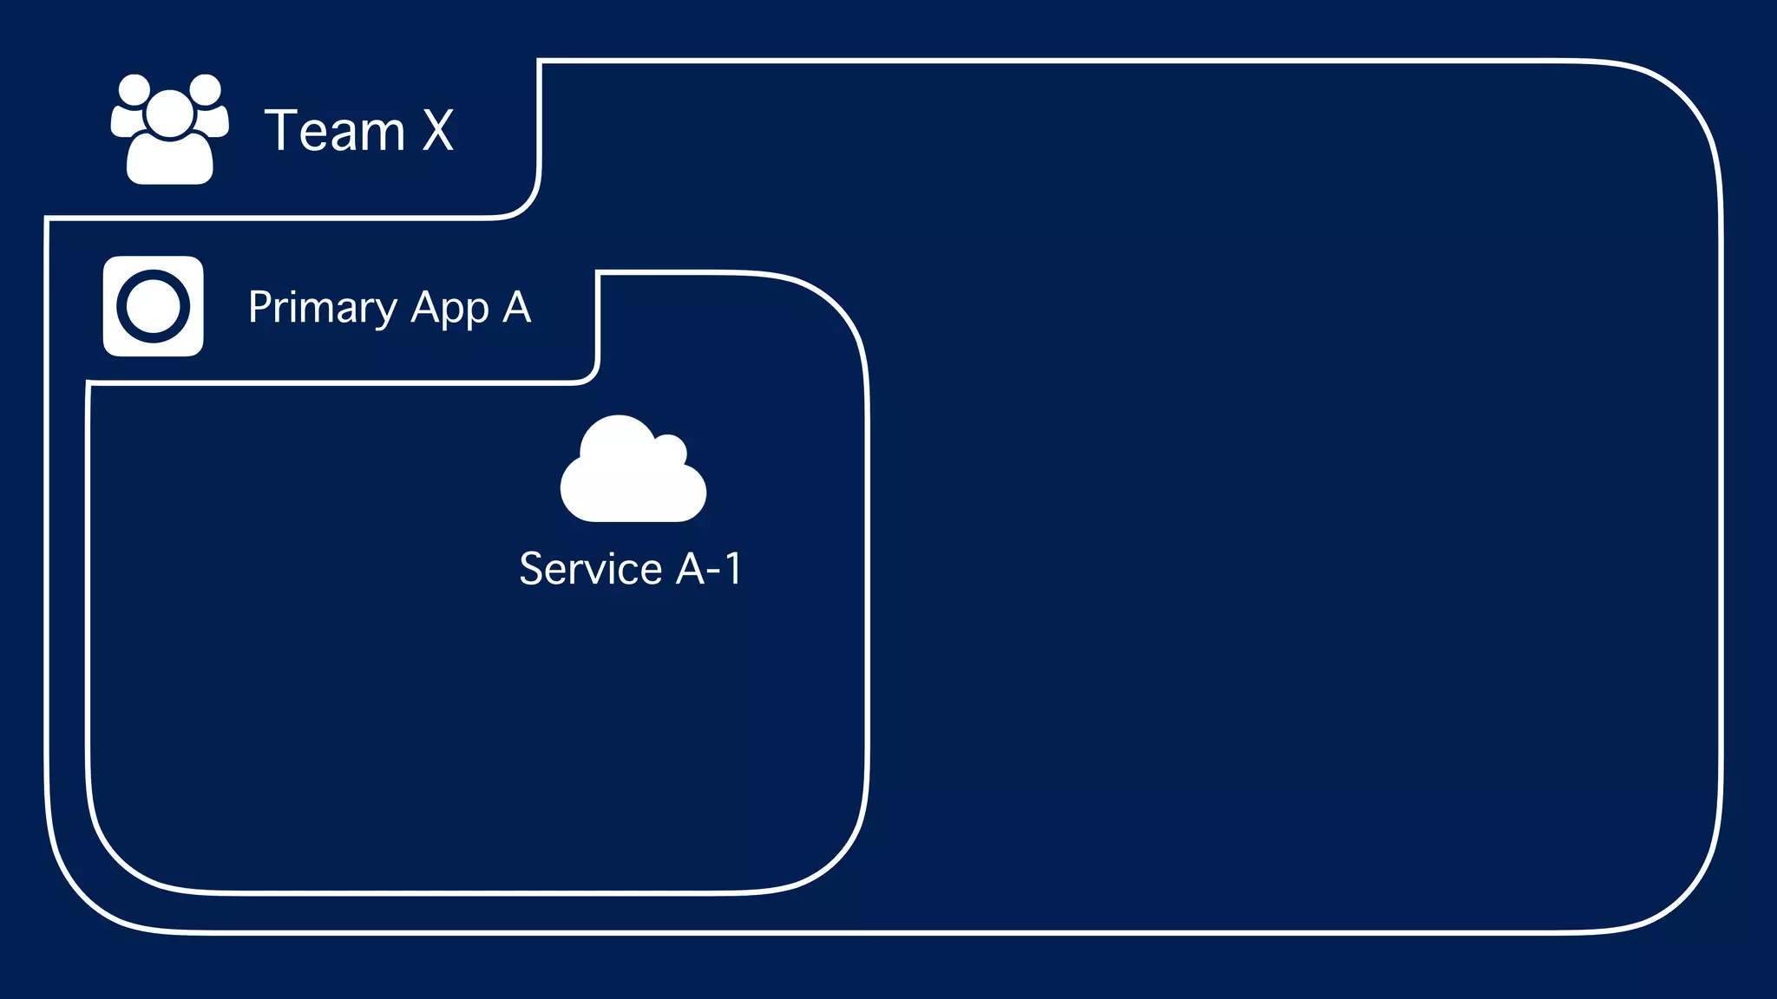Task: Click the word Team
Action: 335,131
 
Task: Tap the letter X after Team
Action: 438,131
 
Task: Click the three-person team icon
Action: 170,129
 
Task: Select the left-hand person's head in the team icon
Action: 134,89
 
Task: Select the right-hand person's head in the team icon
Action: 206,89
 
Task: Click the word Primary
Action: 322,308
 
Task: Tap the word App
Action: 449,308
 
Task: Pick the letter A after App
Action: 516,307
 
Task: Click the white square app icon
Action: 154,306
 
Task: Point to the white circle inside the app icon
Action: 154,306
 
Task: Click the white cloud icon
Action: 633,473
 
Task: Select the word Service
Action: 591,569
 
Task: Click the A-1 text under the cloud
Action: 709,569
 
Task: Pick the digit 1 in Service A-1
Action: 733,569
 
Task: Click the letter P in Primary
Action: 258,307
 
